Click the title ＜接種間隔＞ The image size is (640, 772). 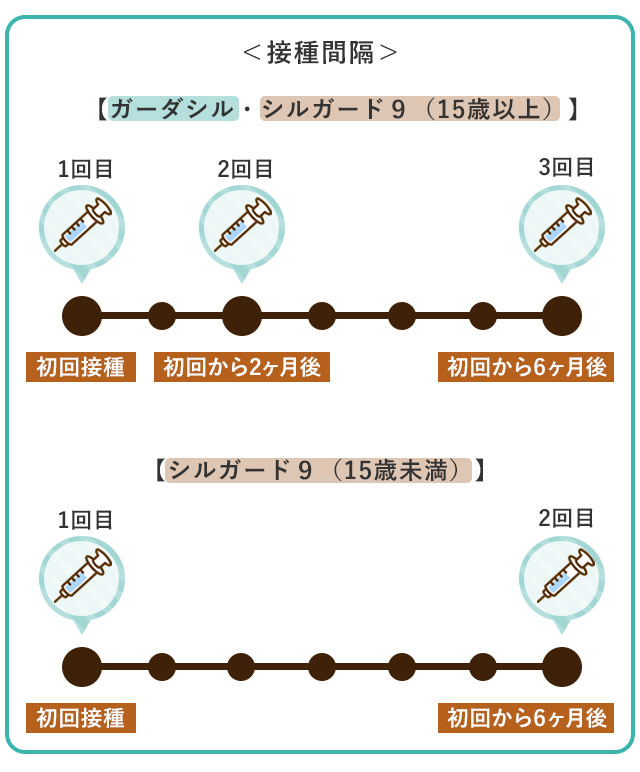tap(320, 52)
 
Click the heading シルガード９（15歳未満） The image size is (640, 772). tap(320, 469)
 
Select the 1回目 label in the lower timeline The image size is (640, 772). tap(85, 520)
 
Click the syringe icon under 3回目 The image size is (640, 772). tap(561, 227)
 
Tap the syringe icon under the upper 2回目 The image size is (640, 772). tap(242, 227)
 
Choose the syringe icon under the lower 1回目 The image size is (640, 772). tap(82, 578)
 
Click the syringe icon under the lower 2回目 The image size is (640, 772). tap(561, 578)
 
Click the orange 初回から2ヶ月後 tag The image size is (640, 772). tap(241, 367)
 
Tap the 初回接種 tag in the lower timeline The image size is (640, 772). tap(80, 718)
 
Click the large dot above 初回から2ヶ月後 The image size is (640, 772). tap(241, 316)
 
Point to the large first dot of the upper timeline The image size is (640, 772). tap(82, 316)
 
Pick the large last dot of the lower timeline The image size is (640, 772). tap(561, 667)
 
